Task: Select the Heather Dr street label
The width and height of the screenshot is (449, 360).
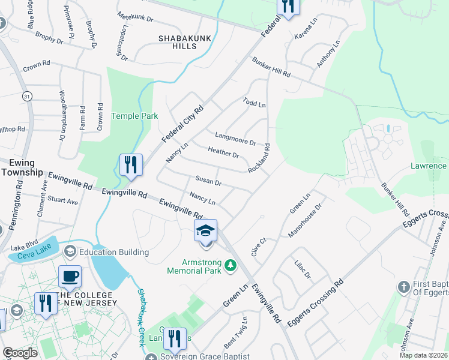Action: (x=223, y=152)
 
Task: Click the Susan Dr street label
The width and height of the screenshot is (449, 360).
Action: (x=209, y=181)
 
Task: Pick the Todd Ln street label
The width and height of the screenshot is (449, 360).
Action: (x=254, y=103)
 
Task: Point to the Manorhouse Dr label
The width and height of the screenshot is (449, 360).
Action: (x=306, y=220)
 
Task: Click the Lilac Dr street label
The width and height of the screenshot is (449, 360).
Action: (x=303, y=268)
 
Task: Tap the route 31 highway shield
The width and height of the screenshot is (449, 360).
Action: (x=26, y=96)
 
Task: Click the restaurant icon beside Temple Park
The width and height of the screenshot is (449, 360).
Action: (x=130, y=164)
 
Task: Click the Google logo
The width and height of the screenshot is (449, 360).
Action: (x=20, y=353)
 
